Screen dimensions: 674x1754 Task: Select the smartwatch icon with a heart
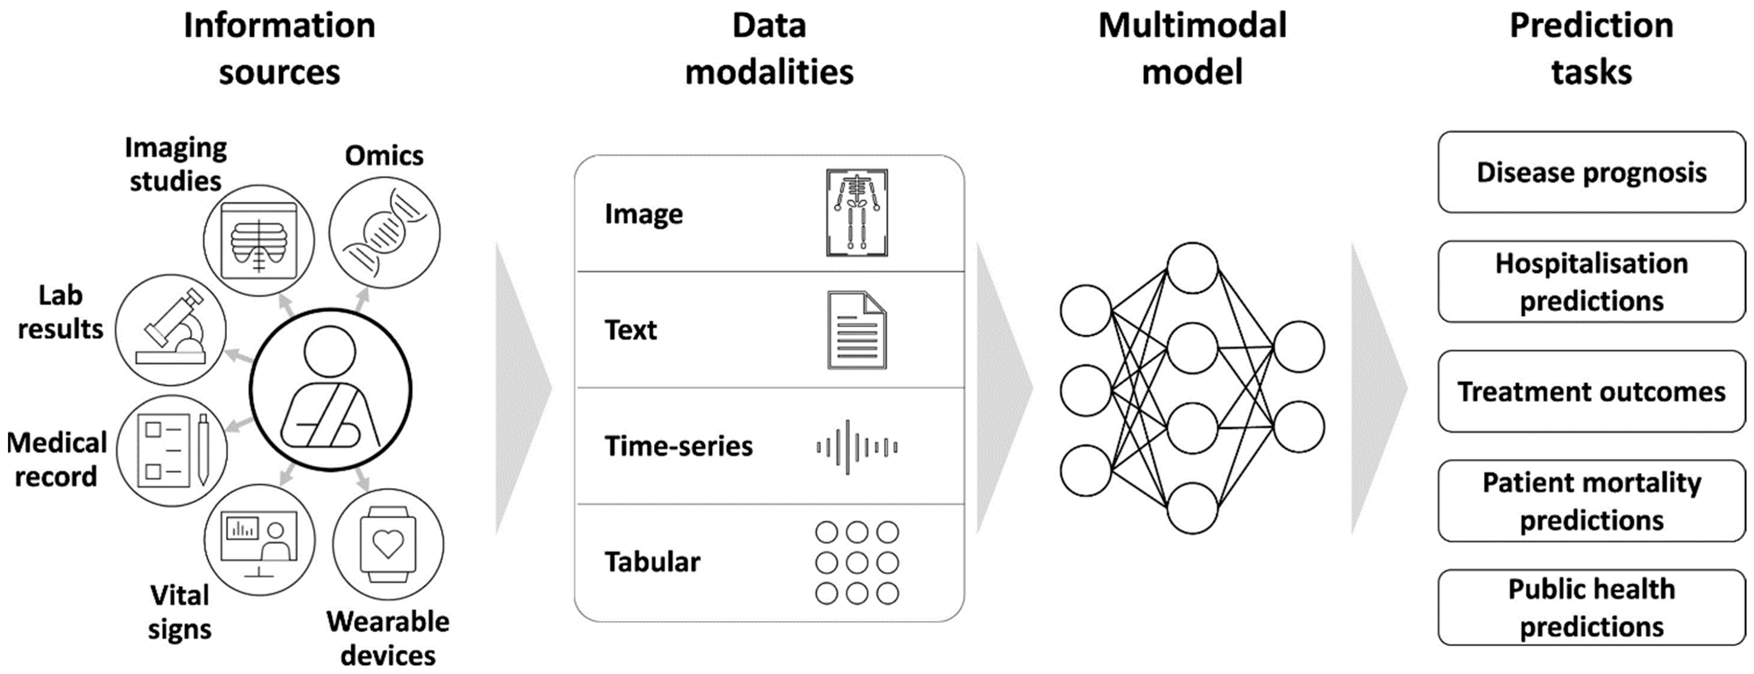[x=388, y=544]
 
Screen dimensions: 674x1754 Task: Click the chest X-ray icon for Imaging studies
[x=259, y=240]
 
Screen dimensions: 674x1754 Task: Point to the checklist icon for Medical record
[x=172, y=450]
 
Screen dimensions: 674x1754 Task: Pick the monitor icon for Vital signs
[x=259, y=540]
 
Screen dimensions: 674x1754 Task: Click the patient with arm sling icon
[x=331, y=389]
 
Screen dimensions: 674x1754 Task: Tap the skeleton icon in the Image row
[x=857, y=213]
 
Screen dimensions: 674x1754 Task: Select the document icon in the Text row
[x=857, y=331]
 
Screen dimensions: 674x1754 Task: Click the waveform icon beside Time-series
[x=857, y=447]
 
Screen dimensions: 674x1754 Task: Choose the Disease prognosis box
[x=1591, y=172]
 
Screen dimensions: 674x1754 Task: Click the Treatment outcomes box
[x=1591, y=391]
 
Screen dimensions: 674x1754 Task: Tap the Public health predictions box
[x=1591, y=607]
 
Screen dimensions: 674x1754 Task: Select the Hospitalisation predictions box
[x=1591, y=281]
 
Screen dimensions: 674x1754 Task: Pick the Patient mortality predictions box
[x=1591, y=501]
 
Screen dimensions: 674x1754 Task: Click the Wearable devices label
[x=388, y=639]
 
